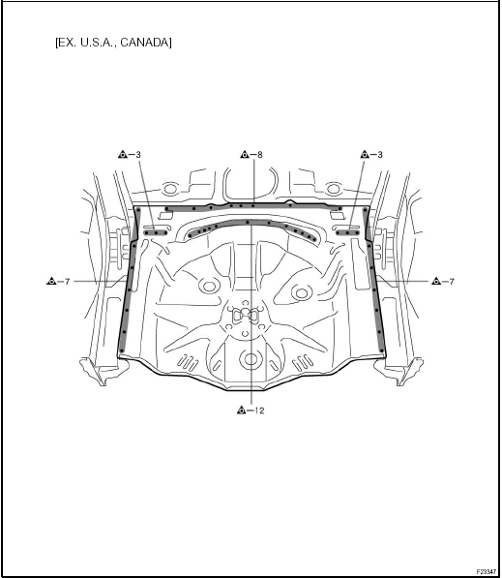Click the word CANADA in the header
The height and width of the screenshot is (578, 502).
point(146,43)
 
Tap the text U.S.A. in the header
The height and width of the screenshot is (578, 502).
point(98,43)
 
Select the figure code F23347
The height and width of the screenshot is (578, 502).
point(487,572)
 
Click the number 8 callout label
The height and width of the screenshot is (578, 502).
point(260,155)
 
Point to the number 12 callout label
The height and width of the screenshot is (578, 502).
point(259,411)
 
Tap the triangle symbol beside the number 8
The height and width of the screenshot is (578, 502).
point(244,155)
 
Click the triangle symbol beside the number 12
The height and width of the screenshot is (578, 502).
point(241,410)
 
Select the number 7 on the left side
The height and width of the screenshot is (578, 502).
point(67,282)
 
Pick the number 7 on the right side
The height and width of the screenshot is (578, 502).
point(452,282)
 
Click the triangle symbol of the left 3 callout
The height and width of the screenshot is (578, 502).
point(123,155)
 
